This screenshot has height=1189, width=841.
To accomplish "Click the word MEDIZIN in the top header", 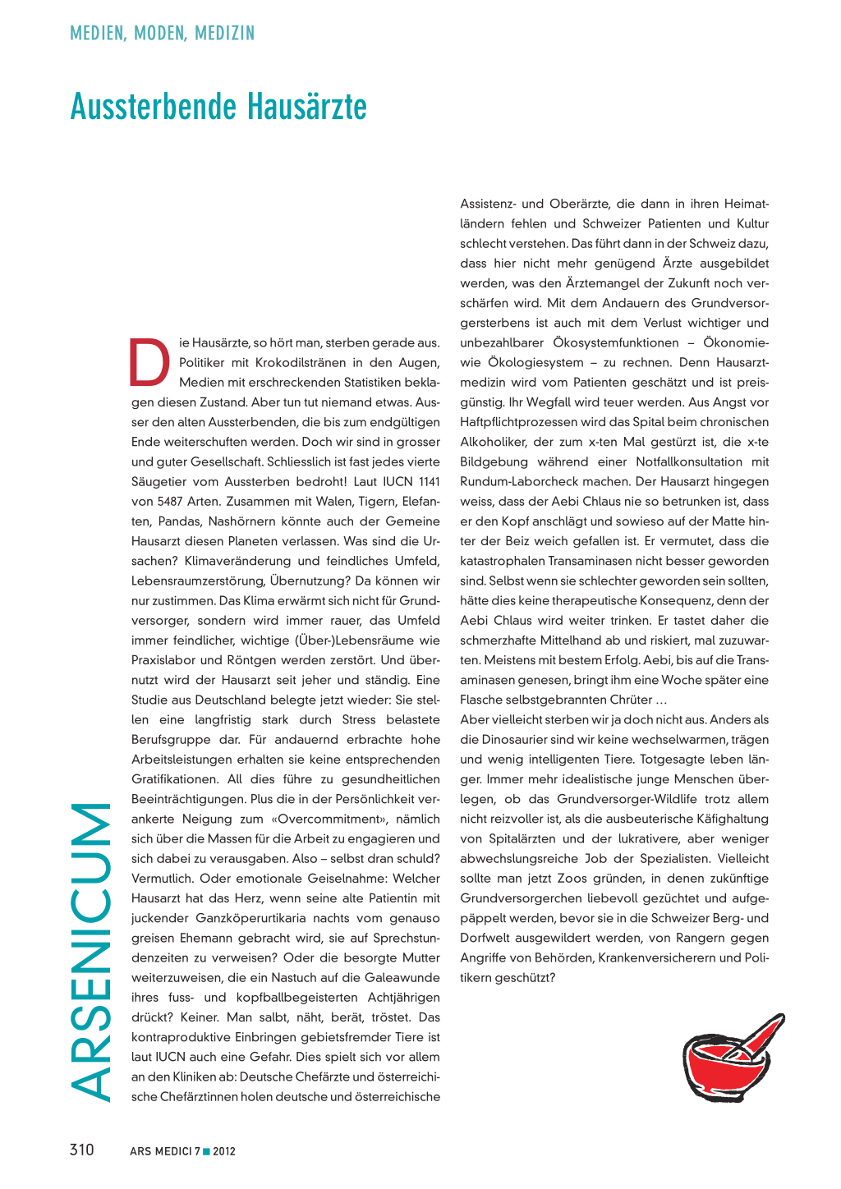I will coord(225,34).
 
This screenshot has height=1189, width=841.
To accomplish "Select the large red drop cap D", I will coord(149,362).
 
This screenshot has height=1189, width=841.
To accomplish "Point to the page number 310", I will coord(82,1150).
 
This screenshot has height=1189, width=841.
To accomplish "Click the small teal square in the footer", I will coord(206,1150).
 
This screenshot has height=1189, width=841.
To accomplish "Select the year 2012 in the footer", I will coord(224,1151).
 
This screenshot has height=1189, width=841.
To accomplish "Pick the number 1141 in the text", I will coord(429,482).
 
